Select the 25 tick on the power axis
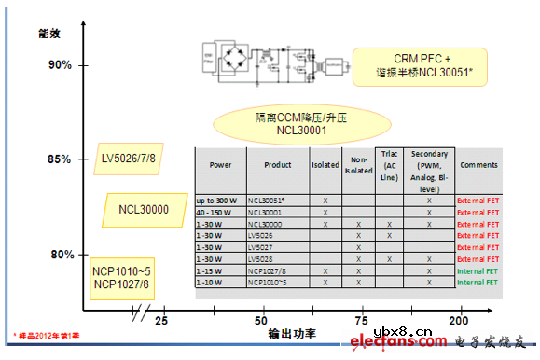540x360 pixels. [x=161, y=322]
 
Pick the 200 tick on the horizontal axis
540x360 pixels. [x=458, y=322]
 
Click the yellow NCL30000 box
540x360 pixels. [x=143, y=209]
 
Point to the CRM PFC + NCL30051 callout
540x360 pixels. [x=419, y=68]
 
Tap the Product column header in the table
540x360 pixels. [x=278, y=165]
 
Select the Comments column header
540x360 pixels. [x=478, y=165]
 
